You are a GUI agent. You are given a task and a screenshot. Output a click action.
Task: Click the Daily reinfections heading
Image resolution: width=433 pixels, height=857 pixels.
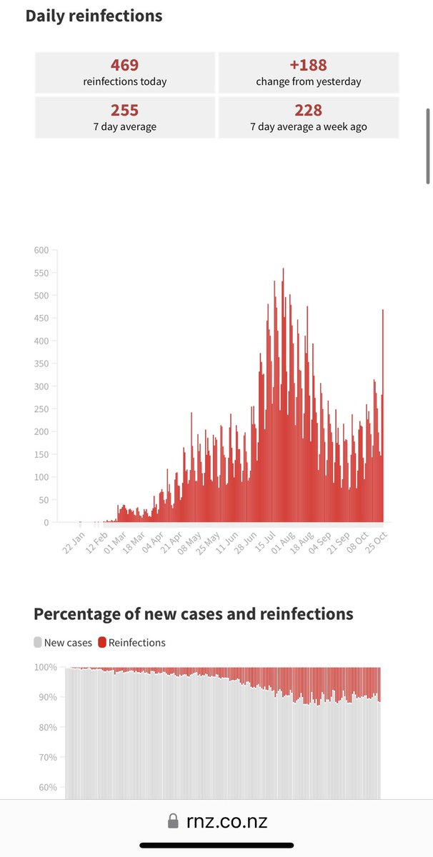pos(94,16)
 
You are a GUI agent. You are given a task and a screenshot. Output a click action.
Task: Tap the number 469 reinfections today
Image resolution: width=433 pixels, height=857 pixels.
pos(124,66)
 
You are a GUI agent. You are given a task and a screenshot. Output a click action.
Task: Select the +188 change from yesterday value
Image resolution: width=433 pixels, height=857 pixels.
pos(308,66)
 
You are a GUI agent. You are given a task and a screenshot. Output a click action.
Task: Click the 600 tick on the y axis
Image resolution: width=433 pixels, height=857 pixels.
pos(41,250)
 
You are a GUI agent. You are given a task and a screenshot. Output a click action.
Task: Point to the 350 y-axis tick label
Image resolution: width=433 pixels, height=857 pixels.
pos(41,364)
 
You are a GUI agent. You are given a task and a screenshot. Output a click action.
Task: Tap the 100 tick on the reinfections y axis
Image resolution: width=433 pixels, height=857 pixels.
pos(41,477)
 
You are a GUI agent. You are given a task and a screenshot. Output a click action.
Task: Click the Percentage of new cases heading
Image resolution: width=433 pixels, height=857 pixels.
pos(193,614)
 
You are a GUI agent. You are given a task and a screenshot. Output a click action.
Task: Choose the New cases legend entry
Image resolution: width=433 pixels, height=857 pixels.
pos(63,643)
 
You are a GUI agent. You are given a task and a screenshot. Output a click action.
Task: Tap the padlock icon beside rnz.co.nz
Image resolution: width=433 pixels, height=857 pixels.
pos(172,822)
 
